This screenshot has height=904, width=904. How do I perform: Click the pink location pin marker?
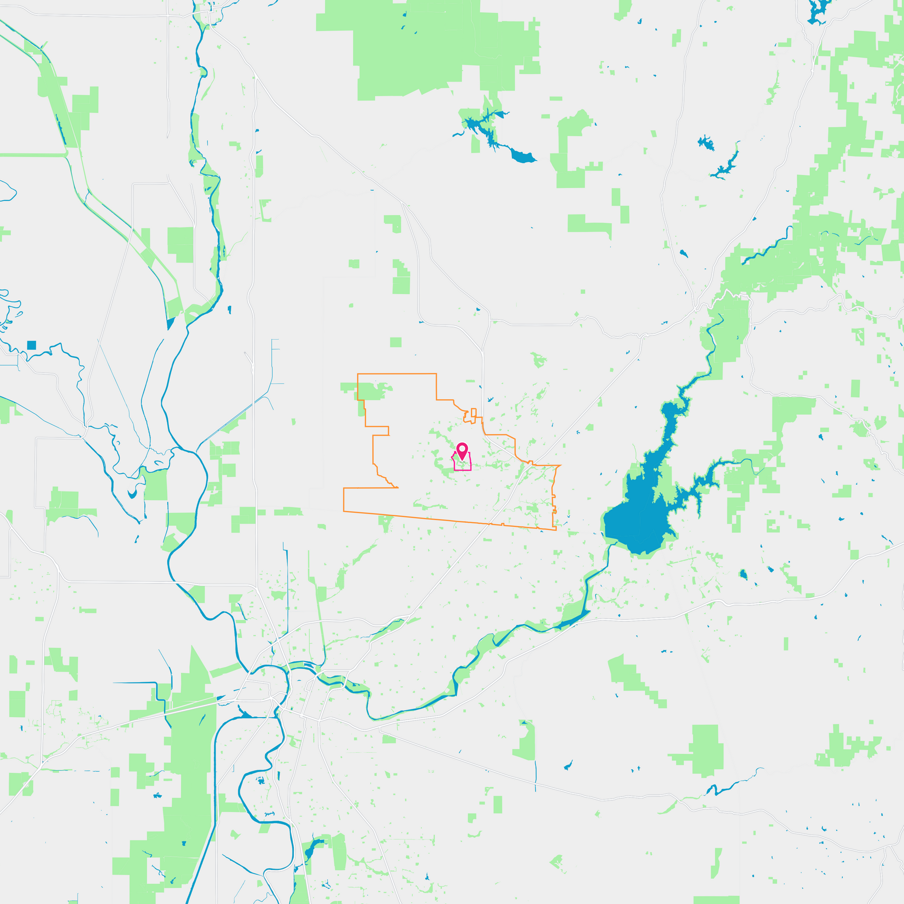pyautogui.click(x=462, y=449)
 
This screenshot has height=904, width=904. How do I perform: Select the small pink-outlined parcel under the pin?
pyautogui.click(x=463, y=465)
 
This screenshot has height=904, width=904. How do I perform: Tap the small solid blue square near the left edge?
pyautogui.click(x=32, y=345)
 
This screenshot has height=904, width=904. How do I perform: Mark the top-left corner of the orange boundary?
pyautogui.click(x=358, y=374)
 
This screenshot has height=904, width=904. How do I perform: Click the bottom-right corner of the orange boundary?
pyautogui.click(x=556, y=530)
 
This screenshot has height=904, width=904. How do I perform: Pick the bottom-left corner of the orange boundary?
pyautogui.click(x=344, y=511)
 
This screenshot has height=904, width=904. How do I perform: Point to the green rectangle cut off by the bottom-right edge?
pyautogui.click(x=716, y=899)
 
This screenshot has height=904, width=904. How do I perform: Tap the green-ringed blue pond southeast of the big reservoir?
pyautogui.click(x=743, y=574)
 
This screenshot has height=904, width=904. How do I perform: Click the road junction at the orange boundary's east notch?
pyautogui.click(x=531, y=463)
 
